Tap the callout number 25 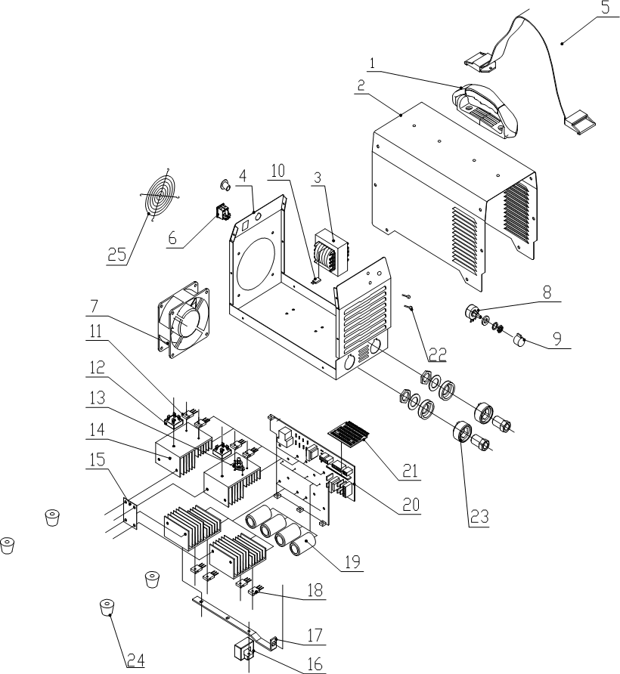tap(116, 255)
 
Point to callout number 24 tap(135, 660)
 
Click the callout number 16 tap(314, 663)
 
